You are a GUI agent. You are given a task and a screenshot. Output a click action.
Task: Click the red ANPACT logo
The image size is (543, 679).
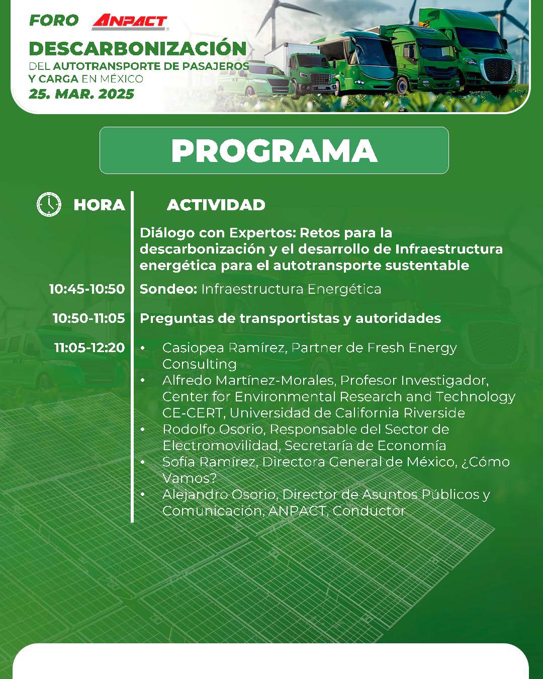pos(130,22)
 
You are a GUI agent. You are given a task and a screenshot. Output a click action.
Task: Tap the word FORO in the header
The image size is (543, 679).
pos(54,21)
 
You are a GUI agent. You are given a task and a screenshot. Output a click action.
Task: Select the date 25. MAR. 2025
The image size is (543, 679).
pos(81,94)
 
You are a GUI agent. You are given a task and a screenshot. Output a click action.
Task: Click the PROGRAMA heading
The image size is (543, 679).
pos(274,150)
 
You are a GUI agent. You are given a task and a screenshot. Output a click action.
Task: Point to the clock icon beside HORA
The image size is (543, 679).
pos(49,204)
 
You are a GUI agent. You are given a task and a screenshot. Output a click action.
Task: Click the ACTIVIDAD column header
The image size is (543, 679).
pos(216,205)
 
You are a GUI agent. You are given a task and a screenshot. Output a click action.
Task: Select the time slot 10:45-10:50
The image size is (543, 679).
pos(87,289)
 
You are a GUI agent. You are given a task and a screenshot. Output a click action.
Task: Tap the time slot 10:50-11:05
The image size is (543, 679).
pos(89,318)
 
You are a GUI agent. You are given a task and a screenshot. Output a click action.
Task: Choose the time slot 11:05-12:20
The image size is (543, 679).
pos(89,348)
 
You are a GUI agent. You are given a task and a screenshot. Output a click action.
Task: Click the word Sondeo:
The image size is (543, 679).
pos(168,289)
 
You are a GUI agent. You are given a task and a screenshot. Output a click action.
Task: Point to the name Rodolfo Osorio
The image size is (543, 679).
pos(214,430)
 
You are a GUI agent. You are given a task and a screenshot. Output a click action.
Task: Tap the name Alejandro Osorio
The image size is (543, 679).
pos(220,495)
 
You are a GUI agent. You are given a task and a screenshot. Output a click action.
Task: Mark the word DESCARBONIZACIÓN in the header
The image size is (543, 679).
pos(138,49)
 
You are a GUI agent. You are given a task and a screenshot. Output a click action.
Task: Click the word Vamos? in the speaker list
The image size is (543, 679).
pos(190,478)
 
